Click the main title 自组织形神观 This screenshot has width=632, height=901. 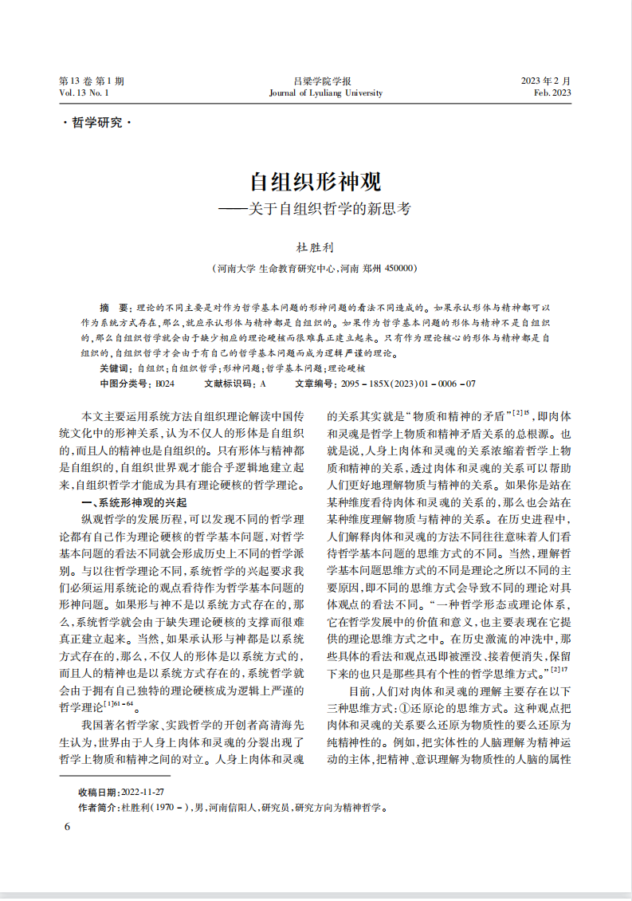coord(316,183)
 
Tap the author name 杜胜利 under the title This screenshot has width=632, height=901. coord(316,246)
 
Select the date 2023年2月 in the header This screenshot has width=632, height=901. coord(546,81)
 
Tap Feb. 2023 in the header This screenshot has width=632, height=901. coord(552,93)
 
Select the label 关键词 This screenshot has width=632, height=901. coord(116,368)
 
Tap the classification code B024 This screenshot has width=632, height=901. coord(165,384)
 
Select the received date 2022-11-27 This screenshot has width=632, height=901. coord(142,792)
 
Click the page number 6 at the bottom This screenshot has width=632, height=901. coord(68,827)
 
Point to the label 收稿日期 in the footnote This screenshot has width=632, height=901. coord(97,792)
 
